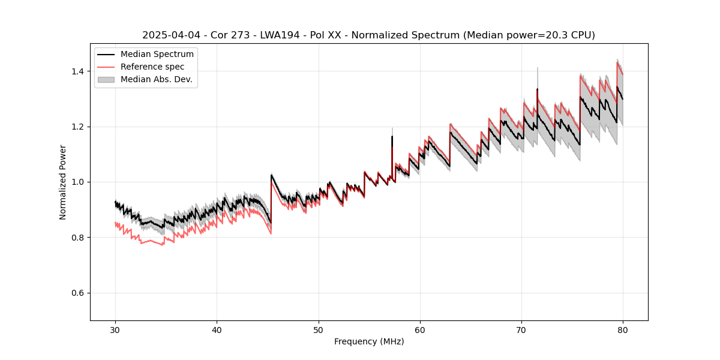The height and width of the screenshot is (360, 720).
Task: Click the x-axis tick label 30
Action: pos(115,329)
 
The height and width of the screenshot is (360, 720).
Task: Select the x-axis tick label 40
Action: pos(217,329)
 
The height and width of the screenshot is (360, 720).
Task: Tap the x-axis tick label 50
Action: pos(319,329)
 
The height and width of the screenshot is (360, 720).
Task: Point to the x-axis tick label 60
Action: pos(420,329)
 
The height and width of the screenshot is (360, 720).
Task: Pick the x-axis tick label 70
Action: pos(521,329)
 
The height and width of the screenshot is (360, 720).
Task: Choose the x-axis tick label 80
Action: pos(623,329)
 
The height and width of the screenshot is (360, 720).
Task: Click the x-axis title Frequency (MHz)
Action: pos(369,341)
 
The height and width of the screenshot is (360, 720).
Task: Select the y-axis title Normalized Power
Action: pos(63,182)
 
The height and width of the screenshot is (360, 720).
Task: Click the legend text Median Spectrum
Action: pos(157,55)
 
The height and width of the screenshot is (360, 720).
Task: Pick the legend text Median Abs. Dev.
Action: pos(157,79)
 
